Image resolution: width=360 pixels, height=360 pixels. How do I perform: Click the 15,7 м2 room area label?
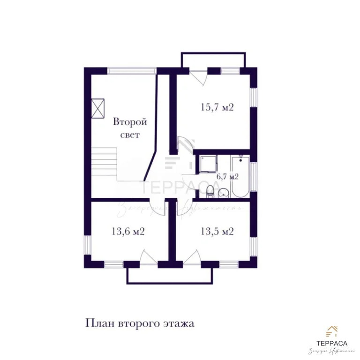click(x=217, y=107)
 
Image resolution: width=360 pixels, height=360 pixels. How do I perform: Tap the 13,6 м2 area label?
click(x=127, y=231)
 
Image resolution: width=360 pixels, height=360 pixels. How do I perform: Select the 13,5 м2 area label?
click(x=217, y=231)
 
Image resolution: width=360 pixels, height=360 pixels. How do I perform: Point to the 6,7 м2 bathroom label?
click(x=227, y=177)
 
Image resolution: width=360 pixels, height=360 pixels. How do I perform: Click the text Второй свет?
click(x=130, y=128)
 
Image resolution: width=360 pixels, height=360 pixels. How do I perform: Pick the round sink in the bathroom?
click(x=224, y=192)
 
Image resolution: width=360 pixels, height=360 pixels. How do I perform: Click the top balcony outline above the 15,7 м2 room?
click(x=213, y=60)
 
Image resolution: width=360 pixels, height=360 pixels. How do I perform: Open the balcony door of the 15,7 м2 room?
click(x=197, y=76)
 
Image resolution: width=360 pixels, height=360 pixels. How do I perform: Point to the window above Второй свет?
click(x=131, y=71)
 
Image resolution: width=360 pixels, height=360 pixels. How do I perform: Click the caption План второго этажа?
click(x=139, y=323)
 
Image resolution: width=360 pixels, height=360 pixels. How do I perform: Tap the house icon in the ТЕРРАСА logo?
click(x=333, y=331)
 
